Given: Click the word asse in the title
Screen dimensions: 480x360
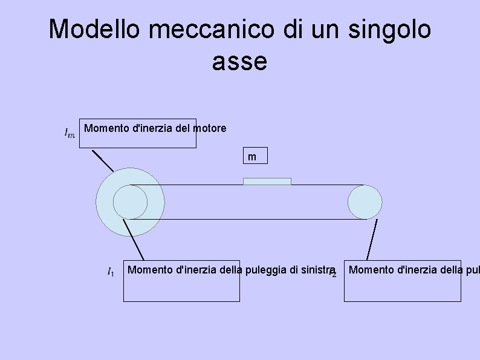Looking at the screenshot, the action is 239,61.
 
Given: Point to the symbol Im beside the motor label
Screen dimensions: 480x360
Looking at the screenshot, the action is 70,133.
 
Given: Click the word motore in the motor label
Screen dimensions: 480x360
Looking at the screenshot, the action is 209,128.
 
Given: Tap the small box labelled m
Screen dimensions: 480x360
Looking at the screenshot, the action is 252,157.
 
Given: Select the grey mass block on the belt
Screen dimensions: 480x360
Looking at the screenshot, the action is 267,181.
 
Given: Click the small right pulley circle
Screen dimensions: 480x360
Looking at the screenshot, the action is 365,201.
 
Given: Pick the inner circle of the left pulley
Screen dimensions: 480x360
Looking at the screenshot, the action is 129,201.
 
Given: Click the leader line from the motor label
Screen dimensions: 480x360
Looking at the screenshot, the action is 102,160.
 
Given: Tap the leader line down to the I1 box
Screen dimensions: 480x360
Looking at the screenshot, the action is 134,240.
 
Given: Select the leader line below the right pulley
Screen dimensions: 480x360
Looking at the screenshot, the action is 371,240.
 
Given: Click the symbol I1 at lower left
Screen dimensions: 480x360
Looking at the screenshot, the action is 110,273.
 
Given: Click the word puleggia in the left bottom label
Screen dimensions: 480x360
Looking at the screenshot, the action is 264,269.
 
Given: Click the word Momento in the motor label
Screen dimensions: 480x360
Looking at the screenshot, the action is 107,128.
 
